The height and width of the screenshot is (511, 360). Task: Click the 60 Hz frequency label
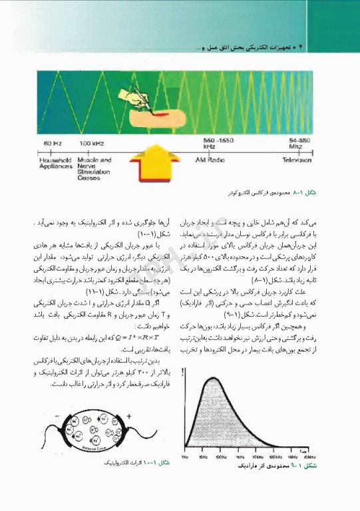(53, 144)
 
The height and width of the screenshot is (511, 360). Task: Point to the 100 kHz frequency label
(90, 144)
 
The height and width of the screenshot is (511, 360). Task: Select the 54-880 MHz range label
(299, 143)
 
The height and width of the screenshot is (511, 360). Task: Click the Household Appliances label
(56, 164)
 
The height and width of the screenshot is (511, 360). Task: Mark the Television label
(297, 160)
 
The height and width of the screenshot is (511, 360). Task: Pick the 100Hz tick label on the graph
(222, 458)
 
